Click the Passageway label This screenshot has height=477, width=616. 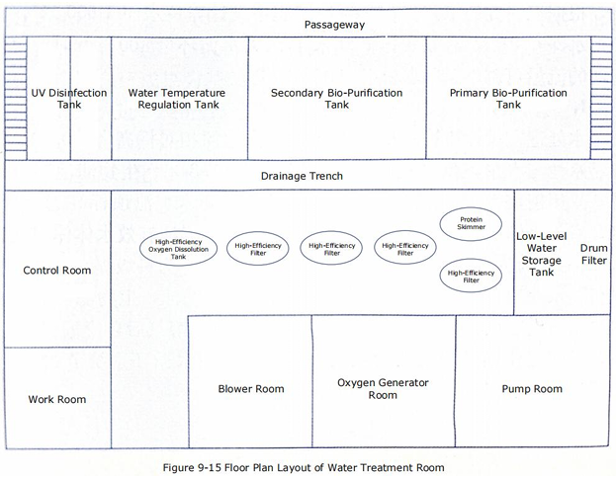point(335,25)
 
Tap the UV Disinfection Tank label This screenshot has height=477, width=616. point(69,99)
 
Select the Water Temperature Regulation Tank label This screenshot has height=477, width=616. point(177,99)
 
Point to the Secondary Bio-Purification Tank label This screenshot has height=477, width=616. point(337,99)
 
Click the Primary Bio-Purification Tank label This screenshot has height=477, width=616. point(508,99)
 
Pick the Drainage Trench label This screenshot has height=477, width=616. point(302,176)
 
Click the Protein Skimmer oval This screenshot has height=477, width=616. point(471,224)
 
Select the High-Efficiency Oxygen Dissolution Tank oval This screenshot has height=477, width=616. point(178,249)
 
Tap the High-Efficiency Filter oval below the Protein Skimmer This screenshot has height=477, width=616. point(471,276)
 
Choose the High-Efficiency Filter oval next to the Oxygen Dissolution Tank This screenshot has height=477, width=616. point(258,248)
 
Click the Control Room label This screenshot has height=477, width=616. point(57,271)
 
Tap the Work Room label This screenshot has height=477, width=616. point(57,399)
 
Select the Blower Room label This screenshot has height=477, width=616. point(251,389)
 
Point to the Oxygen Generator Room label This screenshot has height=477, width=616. point(383,389)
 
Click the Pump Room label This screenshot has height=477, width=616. point(532,389)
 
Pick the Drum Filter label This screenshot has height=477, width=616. point(594,254)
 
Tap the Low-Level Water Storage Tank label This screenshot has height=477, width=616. point(542,254)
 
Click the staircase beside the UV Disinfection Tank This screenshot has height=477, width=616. point(16,99)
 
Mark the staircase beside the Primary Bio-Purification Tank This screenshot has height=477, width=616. point(601,99)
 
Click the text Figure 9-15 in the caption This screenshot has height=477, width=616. point(191,467)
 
